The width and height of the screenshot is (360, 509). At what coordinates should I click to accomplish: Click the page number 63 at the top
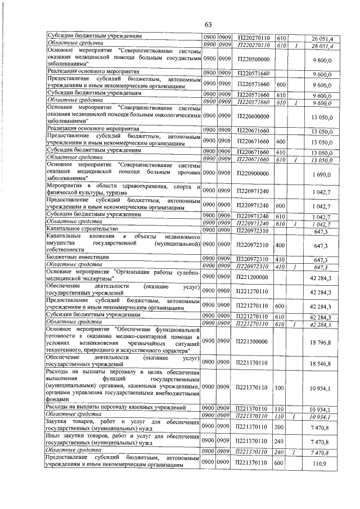coord(208,24)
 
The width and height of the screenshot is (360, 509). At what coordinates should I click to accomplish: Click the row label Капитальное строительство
coord(82,230)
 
